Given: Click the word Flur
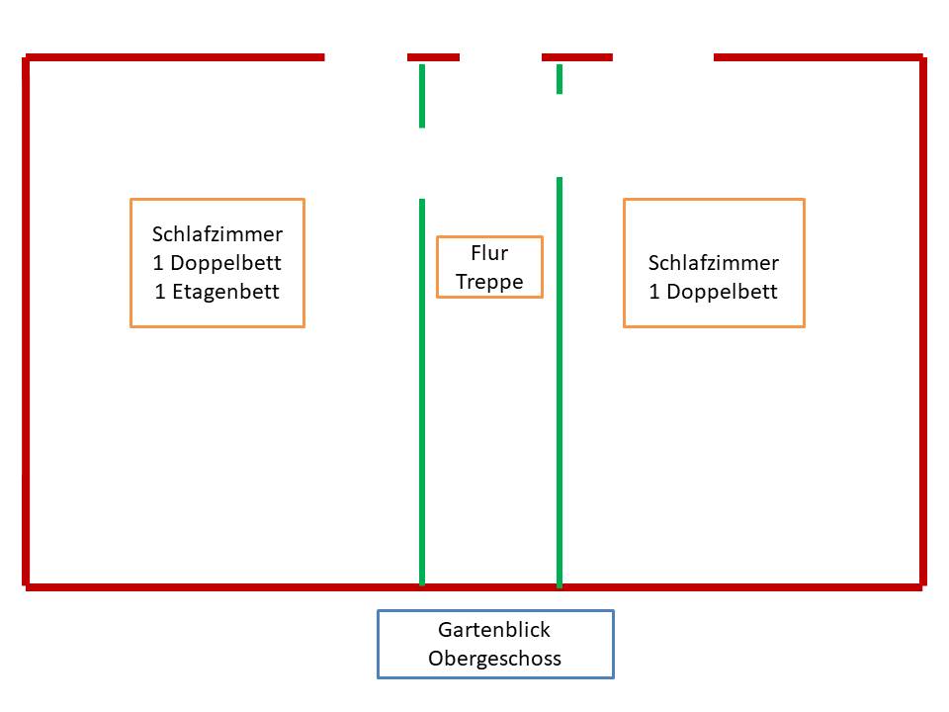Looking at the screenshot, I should (x=489, y=254).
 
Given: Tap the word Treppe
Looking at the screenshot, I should (x=489, y=282).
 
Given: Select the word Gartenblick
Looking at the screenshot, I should (x=494, y=630).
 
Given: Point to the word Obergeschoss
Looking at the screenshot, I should (x=494, y=659).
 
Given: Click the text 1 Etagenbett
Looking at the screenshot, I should (x=217, y=292).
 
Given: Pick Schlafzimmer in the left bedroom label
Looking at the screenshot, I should (x=217, y=234).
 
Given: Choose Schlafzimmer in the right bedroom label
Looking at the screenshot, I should (x=714, y=263).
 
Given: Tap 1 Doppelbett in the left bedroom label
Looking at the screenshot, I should (x=217, y=263).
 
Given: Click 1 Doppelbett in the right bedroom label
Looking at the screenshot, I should (x=714, y=292).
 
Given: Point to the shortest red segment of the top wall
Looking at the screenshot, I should (x=433, y=57).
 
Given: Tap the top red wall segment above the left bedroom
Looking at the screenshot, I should (x=175, y=57).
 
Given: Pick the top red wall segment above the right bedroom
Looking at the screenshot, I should (x=818, y=57).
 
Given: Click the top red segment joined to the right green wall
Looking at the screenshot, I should (x=577, y=57).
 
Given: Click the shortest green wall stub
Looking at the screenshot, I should (x=560, y=79).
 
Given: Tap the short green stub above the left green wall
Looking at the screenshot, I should (x=422, y=96).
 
